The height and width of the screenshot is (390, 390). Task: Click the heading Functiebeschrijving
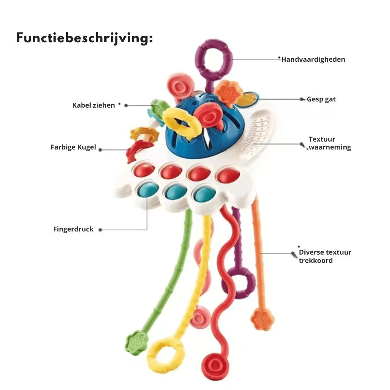pyautogui.click(x=84, y=38)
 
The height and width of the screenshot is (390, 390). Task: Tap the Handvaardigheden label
pyautogui.click(x=313, y=60)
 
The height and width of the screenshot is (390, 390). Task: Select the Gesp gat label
pyautogui.click(x=321, y=99)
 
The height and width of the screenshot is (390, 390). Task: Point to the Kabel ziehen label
pyautogui.click(x=94, y=105)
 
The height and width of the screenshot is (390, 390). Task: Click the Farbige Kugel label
pyautogui.click(x=73, y=147)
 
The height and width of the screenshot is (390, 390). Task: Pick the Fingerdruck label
pyautogui.click(x=73, y=229)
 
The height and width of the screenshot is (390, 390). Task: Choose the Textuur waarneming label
pyautogui.click(x=329, y=143)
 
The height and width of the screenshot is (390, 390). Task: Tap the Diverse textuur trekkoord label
pyautogui.click(x=325, y=256)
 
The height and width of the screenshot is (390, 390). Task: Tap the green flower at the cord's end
pyautogui.click(x=136, y=342)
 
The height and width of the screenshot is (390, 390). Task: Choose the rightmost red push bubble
pyautogui.click(x=228, y=175)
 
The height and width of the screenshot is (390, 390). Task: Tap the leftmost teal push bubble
pyautogui.click(x=148, y=190)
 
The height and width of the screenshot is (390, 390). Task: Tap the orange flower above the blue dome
pyautogui.click(x=229, y=93)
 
